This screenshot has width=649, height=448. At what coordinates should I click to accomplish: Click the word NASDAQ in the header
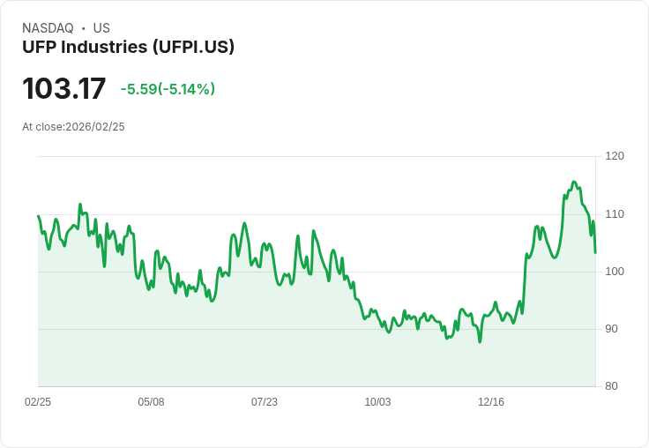click(48, 28)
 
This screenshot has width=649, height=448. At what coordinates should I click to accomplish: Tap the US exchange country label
click(101, 28)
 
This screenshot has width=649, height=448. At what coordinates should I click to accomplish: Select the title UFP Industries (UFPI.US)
click(128, 48)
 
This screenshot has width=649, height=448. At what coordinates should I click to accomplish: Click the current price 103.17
click(63, 89)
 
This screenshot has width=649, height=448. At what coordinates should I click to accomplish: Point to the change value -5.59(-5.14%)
click(168, 89)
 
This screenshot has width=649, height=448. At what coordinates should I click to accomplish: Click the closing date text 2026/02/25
click(95, 127)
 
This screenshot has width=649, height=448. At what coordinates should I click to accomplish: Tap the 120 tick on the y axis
click(615, 156)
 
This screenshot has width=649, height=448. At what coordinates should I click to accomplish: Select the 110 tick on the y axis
click(615, 214)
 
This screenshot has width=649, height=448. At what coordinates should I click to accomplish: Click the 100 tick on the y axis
click(615, 272)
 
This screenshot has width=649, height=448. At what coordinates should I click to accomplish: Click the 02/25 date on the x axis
click(38, 402)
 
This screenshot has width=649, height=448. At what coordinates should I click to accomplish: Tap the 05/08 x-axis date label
click(151, 402)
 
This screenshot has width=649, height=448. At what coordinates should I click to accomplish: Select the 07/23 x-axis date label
click(265, 402)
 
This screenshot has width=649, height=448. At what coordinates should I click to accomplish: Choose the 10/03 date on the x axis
click(377, 402)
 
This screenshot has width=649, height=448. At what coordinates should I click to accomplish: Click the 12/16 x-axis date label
click(491, 402)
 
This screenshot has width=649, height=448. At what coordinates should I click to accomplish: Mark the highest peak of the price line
click(573, 182)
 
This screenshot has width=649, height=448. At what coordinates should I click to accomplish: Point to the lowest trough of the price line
click(480, 341)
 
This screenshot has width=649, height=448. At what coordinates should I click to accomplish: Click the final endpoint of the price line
click(595, 253)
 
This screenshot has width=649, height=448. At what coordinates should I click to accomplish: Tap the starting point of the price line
click(38, 216)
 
